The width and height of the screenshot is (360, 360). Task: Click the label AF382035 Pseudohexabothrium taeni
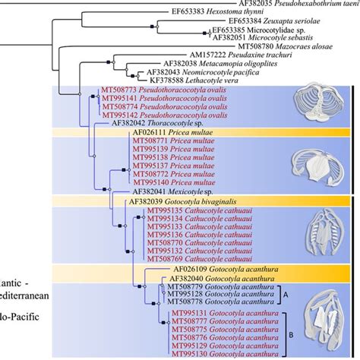coord(288,4)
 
